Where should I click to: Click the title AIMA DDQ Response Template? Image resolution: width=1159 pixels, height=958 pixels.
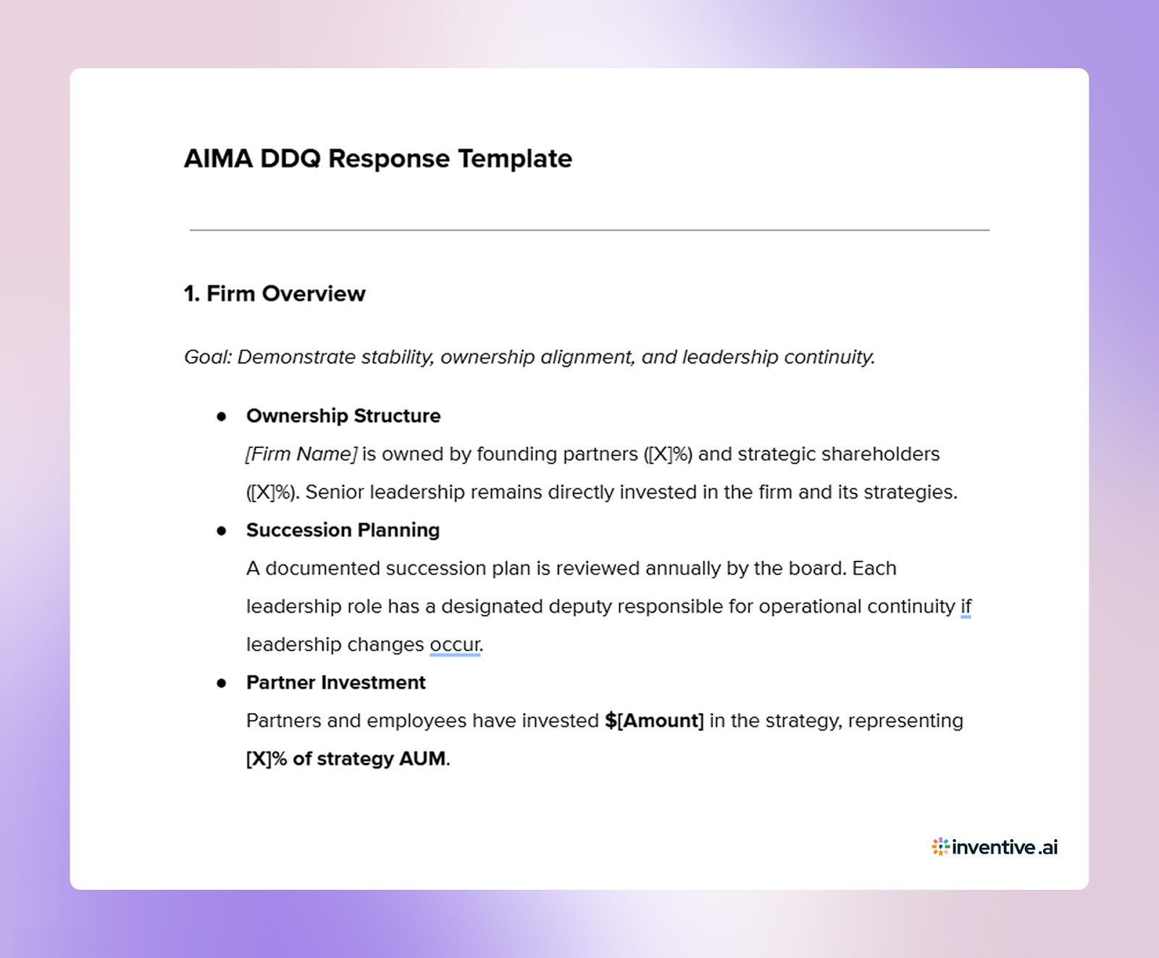377,159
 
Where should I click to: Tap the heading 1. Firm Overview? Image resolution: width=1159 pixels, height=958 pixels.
275,293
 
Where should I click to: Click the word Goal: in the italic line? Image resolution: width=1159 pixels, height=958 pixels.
208,357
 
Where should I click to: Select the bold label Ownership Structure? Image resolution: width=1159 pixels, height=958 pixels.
343,416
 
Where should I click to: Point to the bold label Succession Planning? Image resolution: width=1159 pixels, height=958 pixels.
343,530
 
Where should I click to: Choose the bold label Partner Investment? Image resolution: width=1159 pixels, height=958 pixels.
335,683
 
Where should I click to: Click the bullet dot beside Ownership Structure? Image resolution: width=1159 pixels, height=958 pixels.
222,416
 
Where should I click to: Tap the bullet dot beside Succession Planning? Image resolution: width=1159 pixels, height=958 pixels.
222,530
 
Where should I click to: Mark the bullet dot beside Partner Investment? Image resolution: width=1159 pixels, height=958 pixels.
222,683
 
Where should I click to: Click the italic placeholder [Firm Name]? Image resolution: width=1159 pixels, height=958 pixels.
301,454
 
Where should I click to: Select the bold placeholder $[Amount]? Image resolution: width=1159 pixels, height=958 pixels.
654,721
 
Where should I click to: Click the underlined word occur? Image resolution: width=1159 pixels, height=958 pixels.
455,645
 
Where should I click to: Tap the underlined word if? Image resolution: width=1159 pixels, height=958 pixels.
966,607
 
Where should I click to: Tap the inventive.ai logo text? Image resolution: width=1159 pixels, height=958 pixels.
1005,847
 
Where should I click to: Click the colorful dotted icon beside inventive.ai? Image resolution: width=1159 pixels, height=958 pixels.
940,847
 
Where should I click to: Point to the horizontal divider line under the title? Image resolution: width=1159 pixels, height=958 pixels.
589,230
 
